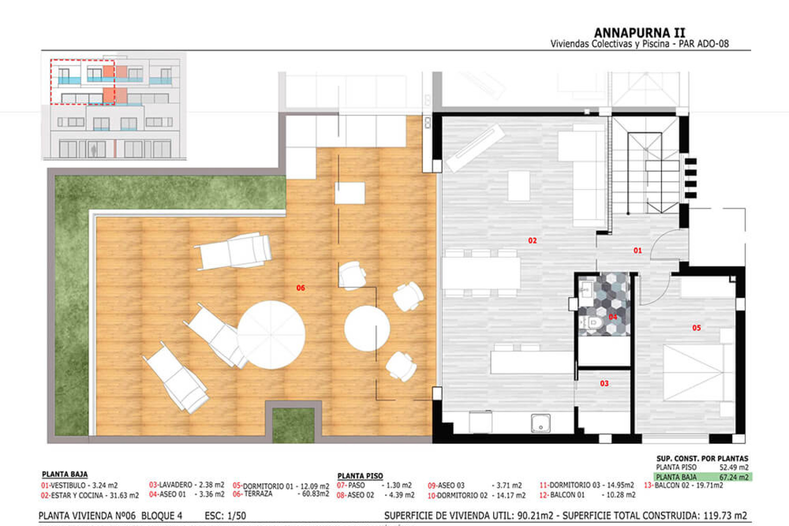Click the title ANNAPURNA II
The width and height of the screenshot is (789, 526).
(x=639, y=33)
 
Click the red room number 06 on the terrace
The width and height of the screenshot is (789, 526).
(x=300, y=288)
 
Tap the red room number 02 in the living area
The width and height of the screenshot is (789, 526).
(x=532, y=240)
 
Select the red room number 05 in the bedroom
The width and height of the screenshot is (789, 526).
(x=696, y=328)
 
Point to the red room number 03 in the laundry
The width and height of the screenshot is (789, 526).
(x=604, y=383)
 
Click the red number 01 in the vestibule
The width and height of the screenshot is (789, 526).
(x=637, y=250)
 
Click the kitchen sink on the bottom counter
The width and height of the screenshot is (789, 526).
(x=540, y=423)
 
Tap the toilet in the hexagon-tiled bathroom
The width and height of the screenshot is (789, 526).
(x=592, y=323)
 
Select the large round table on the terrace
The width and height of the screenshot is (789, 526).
(x=271, y=335)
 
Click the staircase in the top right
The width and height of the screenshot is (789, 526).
(x=645, y=173)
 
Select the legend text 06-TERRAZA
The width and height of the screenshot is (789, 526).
(x=253, y=494)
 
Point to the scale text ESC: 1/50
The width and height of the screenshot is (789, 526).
(x=225, y=516)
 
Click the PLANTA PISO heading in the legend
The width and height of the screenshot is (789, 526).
(x=360, y=476)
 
